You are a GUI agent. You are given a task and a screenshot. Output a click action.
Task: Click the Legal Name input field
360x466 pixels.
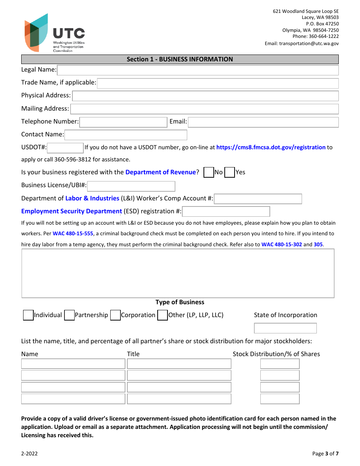tap(197, 70)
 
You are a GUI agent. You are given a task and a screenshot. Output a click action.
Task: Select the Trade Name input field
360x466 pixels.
tap(218, 83)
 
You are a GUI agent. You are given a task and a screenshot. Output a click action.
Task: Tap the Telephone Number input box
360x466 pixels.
tap(123, 122)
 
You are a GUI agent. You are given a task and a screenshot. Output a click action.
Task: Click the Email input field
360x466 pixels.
tap(263, 122)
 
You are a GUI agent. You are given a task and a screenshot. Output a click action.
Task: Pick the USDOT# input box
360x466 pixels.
tap(65, 148)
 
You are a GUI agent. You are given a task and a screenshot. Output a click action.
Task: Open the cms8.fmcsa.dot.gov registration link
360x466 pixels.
tap(271, 147)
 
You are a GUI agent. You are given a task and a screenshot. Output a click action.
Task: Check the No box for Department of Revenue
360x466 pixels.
tap(208, 172)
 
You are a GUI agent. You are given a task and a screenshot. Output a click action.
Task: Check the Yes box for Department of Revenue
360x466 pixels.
tap(229, 172)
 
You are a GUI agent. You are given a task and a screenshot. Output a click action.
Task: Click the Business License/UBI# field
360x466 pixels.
tap(131, 186)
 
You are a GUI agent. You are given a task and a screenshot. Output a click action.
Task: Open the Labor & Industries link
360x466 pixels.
tap(92, 199)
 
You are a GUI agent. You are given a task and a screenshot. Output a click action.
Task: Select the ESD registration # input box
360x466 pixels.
tap(226, 211)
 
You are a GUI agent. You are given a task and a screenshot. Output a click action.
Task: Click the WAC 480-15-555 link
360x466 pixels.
tap(73, 234)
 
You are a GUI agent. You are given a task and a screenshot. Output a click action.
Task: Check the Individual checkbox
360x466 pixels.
tap(28, 315)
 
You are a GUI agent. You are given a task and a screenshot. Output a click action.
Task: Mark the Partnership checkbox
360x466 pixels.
tap(69, 315)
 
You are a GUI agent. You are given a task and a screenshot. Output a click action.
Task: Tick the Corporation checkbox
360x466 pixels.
tap(115, 315)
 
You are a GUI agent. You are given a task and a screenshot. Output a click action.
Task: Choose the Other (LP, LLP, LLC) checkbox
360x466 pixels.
tap(163, 315)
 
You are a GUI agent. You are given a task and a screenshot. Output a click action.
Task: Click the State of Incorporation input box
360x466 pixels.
tap(285, 328)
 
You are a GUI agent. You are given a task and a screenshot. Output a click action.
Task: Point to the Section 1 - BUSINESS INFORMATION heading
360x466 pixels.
tap(180, 59)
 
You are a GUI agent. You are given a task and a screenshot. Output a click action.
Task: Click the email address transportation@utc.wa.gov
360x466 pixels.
tap(309, 44)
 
